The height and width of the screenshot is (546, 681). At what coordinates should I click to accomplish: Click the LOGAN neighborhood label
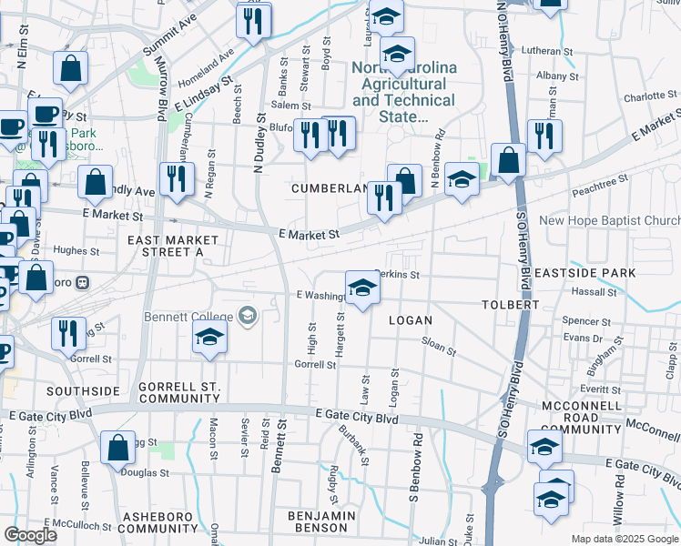(410, 320)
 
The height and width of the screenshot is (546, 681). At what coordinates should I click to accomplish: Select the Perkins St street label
(399, 274)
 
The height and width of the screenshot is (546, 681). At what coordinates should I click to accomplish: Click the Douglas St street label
(147, 473)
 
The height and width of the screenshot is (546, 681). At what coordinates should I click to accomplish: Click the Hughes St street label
(76, 250)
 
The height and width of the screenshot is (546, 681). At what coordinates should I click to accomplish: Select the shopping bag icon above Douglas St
(117, 448)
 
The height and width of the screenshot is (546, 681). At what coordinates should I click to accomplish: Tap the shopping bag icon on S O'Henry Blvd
(510, 160)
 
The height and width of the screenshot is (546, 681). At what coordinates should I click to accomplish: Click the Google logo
(30, 534)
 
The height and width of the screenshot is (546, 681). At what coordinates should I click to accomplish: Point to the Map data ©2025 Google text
(624, 539)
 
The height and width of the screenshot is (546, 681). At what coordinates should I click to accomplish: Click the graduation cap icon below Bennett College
(209, 338)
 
